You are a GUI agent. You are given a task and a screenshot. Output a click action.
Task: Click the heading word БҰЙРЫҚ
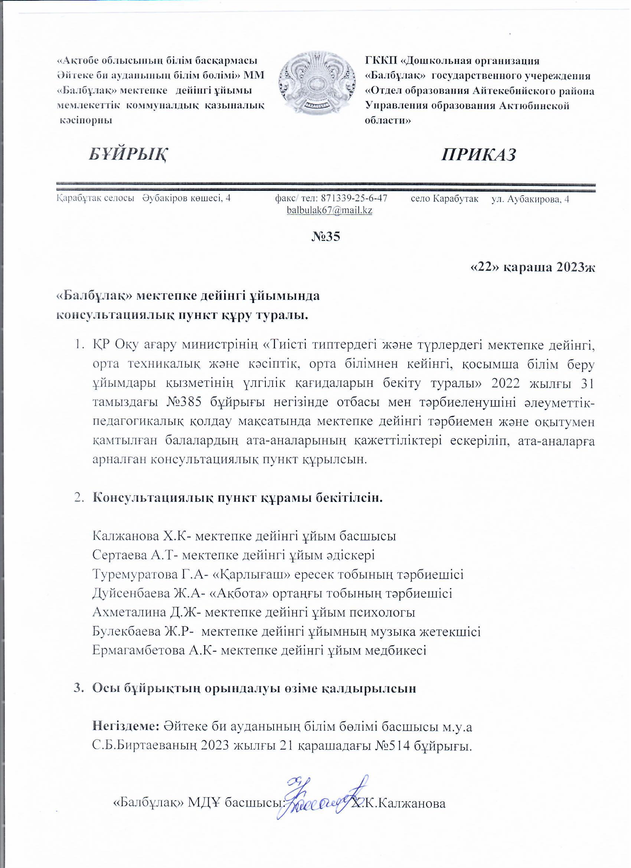coord(128,154)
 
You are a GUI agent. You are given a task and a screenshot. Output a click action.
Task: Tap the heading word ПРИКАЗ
coord(479,154)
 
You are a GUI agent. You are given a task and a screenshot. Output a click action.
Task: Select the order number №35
coord(326,236)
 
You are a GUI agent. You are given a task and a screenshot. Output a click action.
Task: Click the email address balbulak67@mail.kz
coord(330,210)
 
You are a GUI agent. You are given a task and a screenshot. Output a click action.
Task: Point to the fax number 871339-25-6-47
coord(354,199)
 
